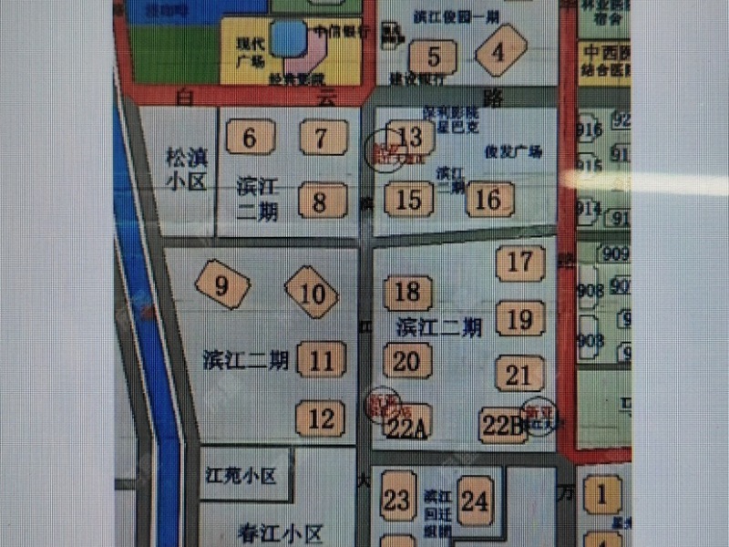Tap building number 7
click(322, 139)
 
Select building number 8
click(320, 201)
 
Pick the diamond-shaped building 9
click(221, 286)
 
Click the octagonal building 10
click(312, 293)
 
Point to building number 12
click(321, 418)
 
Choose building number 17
click(520, 262)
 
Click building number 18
click(407, 292)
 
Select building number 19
click(519, 319)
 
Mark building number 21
click(519, 375)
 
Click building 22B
click(503, 425)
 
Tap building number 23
click(397, 500)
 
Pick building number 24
click(474, 501)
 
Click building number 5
click(434, 57)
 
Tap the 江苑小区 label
click(241, 476)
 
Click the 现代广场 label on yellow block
click(250, 52)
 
